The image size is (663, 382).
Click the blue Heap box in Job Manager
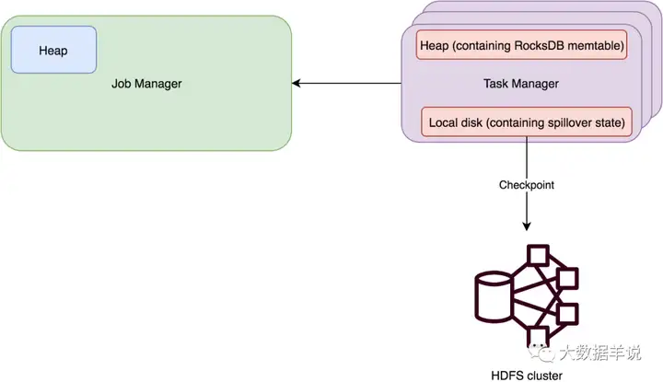(53, 51)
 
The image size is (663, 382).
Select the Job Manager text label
(146, 84)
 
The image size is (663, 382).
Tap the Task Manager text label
(520, 84)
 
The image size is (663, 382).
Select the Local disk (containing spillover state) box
(527, 122)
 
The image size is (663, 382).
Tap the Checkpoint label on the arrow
(527, 184)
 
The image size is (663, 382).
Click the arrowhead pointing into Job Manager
(297, 84)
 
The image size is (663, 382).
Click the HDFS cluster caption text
(526, 375)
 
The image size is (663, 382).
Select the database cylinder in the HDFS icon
(493, 296)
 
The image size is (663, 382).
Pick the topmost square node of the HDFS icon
(537, 253)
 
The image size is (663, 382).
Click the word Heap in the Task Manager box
(432, 46)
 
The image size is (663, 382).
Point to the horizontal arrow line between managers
(350, 84)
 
